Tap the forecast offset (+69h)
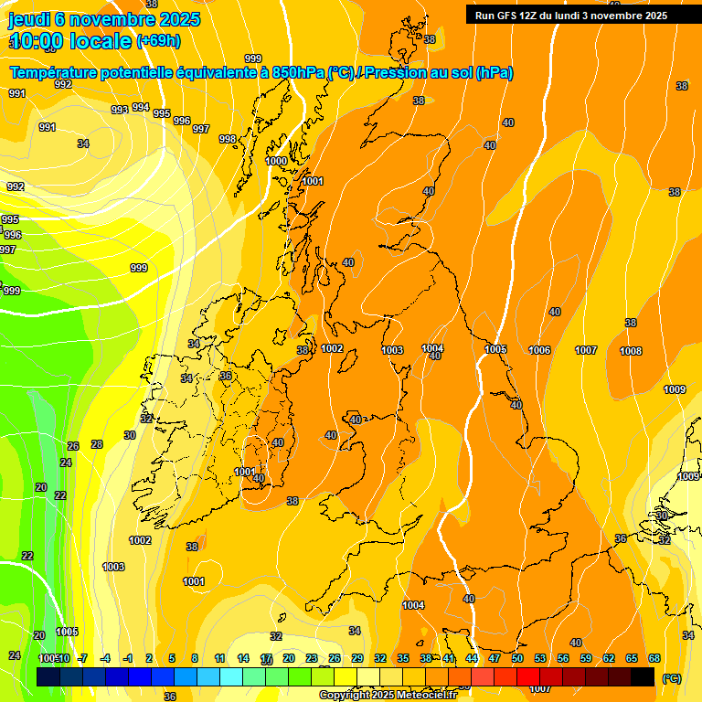pyautogui.click(x=158, y=41)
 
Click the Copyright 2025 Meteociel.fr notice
pyautogui.click(x=388, y=696)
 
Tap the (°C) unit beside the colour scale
pyautogui.click(x=671, y=678)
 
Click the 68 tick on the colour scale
pyautogui.click(x=654, y=658)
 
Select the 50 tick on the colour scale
pyautogui.click(x=517, y=658)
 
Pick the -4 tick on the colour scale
pyautogui.click(x=105, y=658)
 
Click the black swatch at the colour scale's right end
pyautogui.click(x=643, y=675)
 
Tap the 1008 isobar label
pyautogui.click(x=631, y=351)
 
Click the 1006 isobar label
pyautogui.click(x=539, y=351)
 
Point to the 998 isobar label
pyautogui.click(x=228, y=139)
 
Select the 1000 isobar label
pyautogui.click(x=276, y=161)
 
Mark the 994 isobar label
pyautogui.click(x=141, y=107)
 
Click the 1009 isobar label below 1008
pyautogui.click(x=675, y=390)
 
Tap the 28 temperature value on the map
pyautogui.click(x=97, y=444)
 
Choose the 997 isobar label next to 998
pyautogui.click(x=201, y=129)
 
